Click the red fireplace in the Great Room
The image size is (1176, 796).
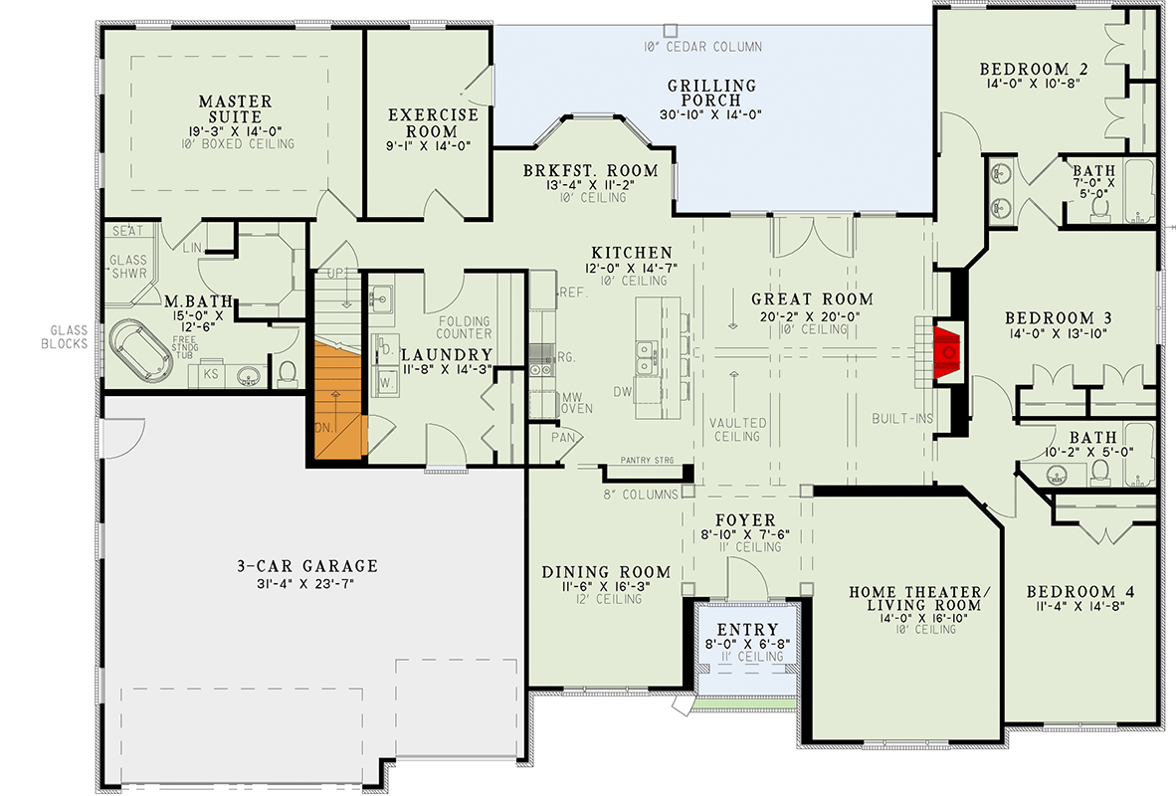947,350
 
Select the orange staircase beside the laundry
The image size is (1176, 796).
338,398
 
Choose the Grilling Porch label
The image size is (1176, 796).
711,93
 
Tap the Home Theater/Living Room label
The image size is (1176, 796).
920,599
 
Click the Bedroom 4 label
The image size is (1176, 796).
1080,592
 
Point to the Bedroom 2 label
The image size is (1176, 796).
1033,69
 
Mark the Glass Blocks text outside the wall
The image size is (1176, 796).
70,336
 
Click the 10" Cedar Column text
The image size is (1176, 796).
701,47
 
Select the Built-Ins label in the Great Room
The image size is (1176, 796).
902,418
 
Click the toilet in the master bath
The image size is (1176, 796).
288,371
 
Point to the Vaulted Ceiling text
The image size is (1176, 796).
735,429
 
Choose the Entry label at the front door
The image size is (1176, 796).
746,630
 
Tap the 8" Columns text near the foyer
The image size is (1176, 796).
642,494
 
